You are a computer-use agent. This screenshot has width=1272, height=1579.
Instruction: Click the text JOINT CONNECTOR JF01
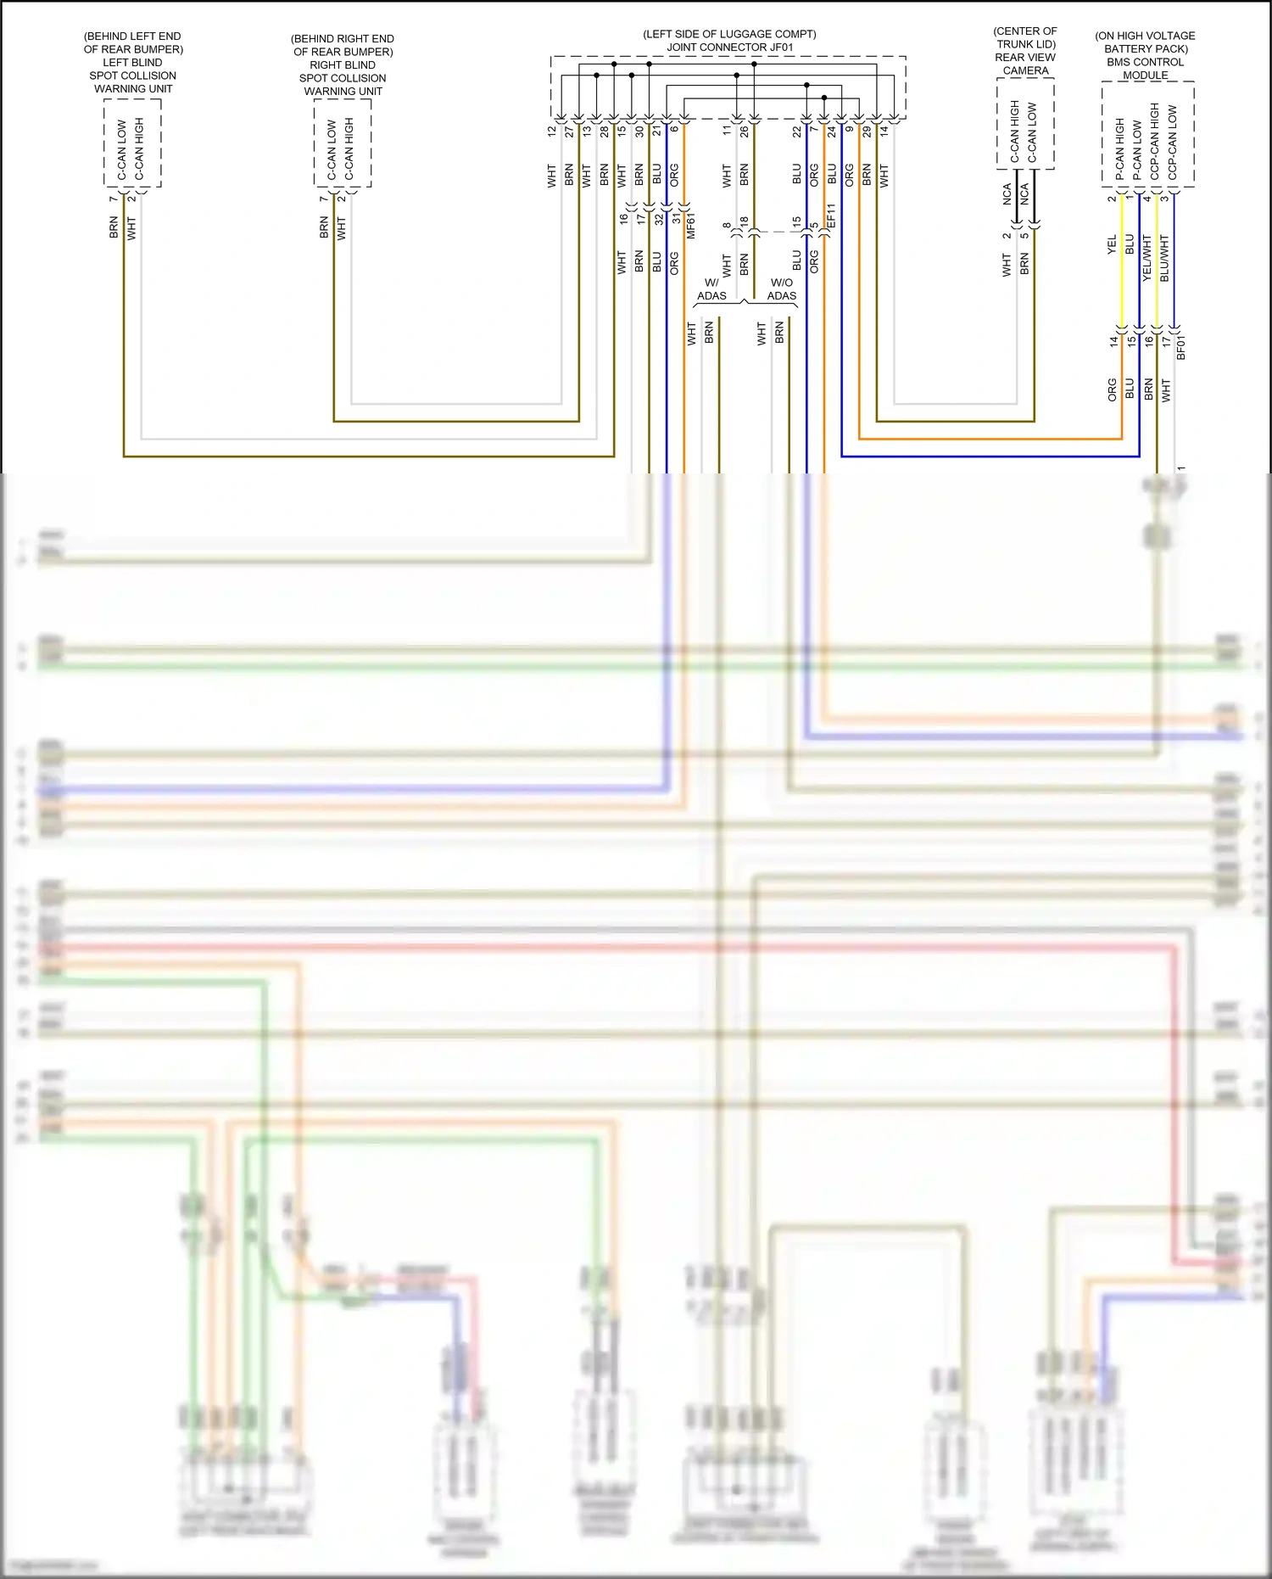[729, 48]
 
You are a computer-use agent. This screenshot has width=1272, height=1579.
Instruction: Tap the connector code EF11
[831, 216]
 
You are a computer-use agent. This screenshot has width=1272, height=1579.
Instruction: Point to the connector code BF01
[1181, 347]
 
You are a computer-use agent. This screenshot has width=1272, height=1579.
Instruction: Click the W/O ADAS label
[781, 289]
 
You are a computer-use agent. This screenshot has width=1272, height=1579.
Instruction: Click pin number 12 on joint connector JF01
[552, 132]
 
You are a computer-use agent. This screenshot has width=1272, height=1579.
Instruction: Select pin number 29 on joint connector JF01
[867, 132]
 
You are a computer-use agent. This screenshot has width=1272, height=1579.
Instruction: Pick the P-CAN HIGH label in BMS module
[1119, 148]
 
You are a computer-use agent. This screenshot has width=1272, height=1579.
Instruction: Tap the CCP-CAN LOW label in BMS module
[1172, 143]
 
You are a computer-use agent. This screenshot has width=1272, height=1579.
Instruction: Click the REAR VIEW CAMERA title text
[1025, 64]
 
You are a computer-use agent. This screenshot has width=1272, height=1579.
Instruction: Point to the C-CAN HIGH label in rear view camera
[1014, 132]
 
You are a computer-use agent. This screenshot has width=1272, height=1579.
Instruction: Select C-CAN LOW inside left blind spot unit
[121, 149]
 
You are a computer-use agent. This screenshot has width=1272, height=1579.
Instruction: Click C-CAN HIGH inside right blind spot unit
[349, 149]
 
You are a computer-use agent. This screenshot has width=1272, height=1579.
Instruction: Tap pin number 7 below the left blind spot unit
[113, 199]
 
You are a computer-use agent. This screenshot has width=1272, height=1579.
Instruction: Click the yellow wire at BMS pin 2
[1122, 272]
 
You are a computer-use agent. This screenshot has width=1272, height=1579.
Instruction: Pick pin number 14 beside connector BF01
[1113, 341]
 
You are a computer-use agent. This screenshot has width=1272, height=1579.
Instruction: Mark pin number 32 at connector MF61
[659, 219]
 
